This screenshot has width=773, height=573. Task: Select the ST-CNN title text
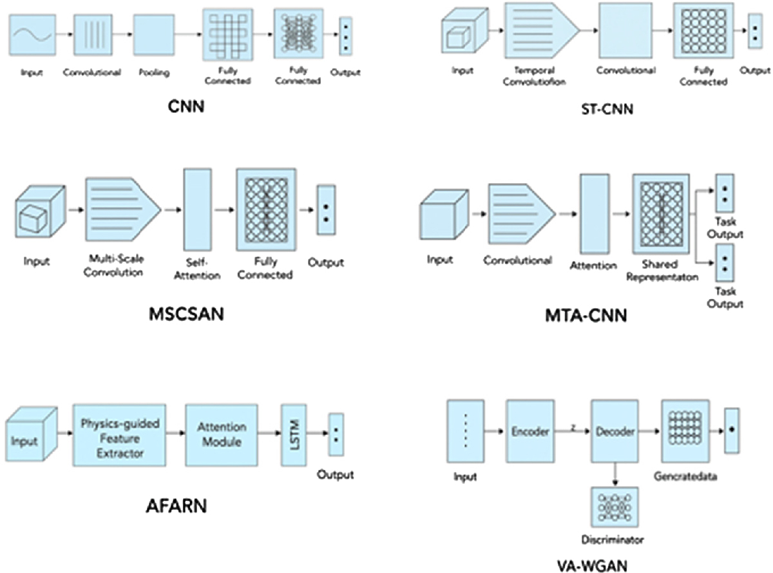(606, 110)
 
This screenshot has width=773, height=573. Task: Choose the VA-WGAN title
(591, 562)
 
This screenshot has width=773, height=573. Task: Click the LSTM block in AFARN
(292, 435)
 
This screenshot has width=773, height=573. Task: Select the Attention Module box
(221, 435)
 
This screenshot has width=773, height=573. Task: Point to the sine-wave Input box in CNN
(32, 35)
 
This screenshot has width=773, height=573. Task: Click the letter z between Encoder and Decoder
(573, 427)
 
